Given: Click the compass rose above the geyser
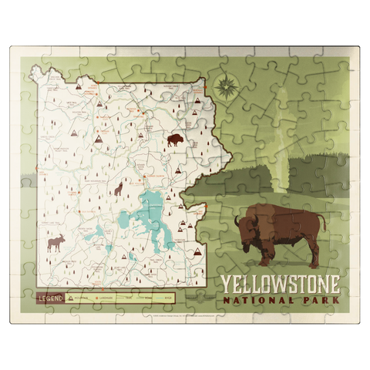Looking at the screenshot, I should point(224,88).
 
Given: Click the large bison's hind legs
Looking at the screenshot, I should point(313,252).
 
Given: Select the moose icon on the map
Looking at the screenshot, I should point(56,244).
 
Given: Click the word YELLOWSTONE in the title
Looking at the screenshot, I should point(279,283).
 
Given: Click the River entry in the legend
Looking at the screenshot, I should point(161,297).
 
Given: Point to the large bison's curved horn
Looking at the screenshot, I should point(239,221).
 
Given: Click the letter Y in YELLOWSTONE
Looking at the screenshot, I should point(226,283).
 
